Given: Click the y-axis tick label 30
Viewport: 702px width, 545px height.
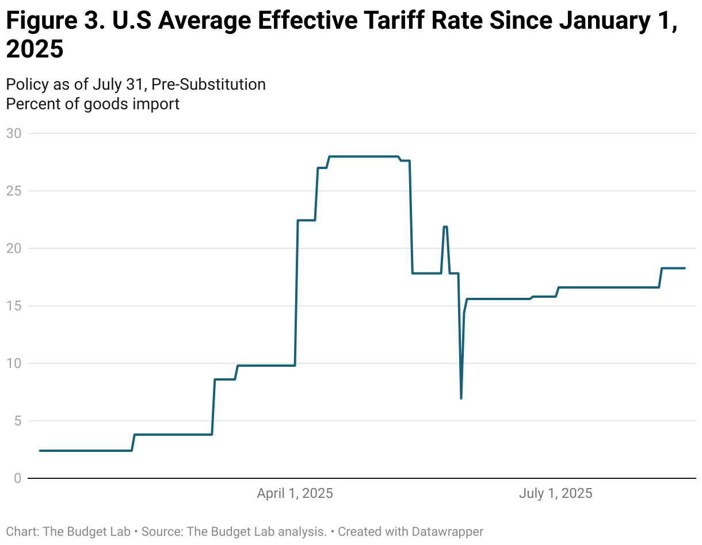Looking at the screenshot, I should click(13, 133).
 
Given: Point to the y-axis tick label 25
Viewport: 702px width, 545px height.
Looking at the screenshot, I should click(13, 191).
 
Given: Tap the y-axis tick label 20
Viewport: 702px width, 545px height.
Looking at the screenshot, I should click(13, 248).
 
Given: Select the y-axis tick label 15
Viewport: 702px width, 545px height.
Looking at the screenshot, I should click(13, 306).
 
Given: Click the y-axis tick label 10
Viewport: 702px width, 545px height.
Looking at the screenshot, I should click(13, 363).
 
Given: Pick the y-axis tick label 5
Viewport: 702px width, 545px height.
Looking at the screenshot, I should click(17, 421).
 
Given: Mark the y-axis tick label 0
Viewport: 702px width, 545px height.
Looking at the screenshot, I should click(17, 478).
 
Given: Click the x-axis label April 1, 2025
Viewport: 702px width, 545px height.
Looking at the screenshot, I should click(295, 493).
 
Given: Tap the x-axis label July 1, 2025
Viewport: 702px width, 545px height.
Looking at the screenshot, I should click(555, 493).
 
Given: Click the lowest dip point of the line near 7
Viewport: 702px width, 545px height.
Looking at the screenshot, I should click(461, 398).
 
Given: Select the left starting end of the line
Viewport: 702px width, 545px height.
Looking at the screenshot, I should click(40, 451).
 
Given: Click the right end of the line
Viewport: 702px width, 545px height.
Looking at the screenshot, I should click(685, 268).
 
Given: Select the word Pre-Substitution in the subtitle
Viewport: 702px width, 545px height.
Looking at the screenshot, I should click(208, 85).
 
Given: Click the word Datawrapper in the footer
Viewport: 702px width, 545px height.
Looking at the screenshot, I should click(447, 531).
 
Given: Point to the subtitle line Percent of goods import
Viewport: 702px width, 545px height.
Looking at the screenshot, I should click(93, 104).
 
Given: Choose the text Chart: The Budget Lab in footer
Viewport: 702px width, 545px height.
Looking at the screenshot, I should click(68, 531).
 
